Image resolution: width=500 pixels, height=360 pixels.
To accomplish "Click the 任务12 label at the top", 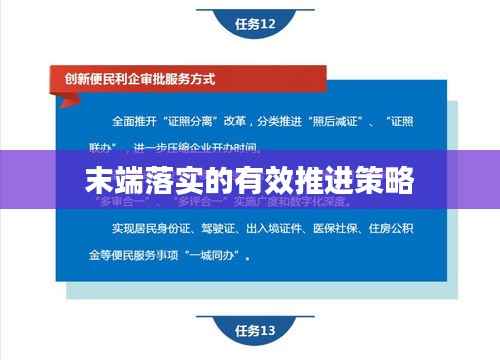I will (255, 24).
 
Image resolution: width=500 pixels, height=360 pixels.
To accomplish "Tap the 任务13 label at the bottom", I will (255, 330).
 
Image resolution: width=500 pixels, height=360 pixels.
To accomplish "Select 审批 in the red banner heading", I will (142, 76).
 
